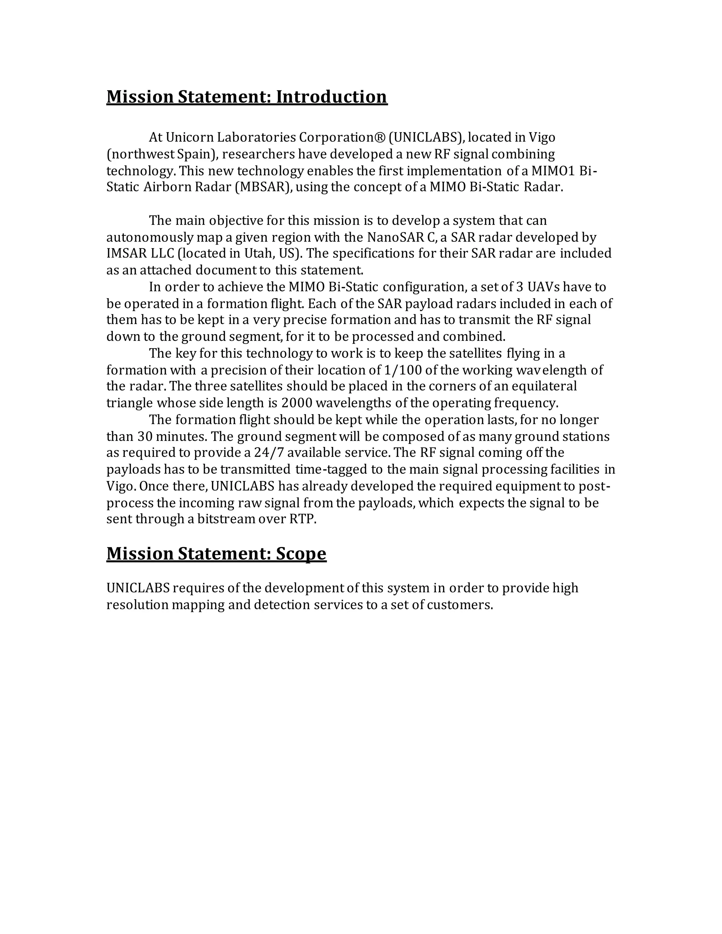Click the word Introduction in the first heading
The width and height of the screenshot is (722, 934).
click(331, 97)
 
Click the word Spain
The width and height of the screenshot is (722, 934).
click(194, 154)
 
